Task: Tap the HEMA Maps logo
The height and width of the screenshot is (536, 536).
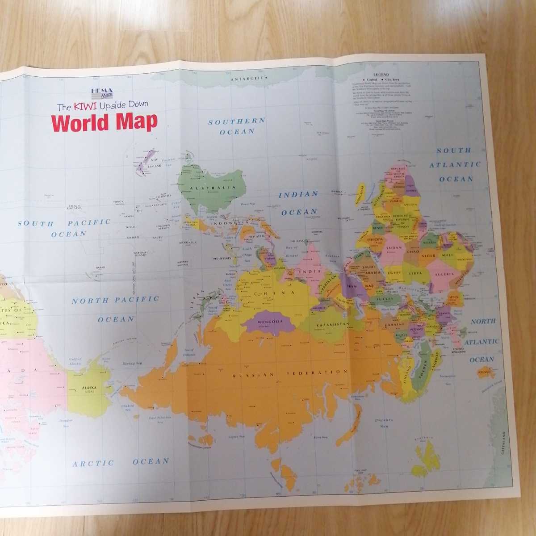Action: (x=102, y=93)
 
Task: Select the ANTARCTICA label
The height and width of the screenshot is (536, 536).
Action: (x=249, y=78)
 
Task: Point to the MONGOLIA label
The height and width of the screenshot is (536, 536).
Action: (x=268, y=321)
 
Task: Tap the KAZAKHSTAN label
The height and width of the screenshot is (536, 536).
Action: (x=331, y=324)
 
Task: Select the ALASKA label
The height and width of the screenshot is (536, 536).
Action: (x=89, y=388)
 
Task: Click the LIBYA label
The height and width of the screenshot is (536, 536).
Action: (x=416, y=272)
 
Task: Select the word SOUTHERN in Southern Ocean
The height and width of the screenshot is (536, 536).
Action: (x=237, y=121)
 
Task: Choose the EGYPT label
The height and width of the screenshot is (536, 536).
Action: (x=394, y=271)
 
